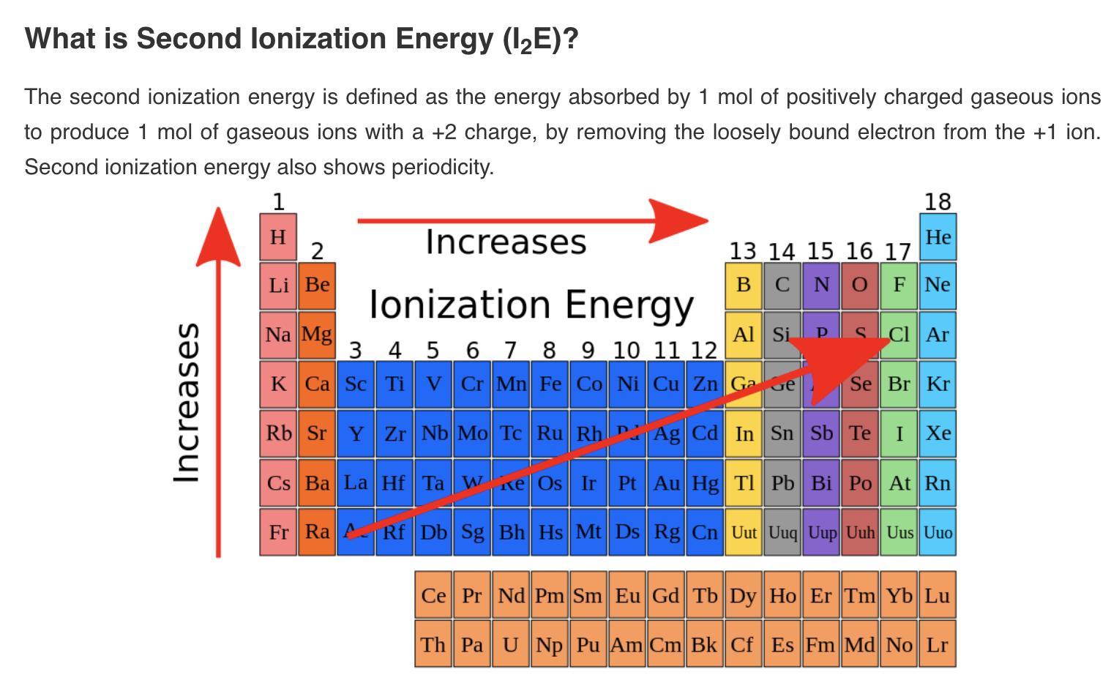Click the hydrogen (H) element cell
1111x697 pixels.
[278, 236]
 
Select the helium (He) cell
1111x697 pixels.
[938, 236]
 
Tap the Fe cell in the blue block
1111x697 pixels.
[550, 384]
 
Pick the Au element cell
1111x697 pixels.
[666, 482]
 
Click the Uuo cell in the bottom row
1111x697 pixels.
[938, 532]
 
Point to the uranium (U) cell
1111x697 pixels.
[510, 644]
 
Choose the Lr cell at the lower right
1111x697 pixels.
[938, 644]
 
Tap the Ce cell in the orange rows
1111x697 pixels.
[433, 595]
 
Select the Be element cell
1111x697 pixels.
[317, 284]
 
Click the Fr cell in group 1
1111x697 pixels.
[278, 532]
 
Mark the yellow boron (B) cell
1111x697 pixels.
[744, 284]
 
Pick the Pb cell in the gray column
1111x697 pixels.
[782, 482]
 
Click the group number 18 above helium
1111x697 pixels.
[938, 201]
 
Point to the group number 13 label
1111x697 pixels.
[742, 251]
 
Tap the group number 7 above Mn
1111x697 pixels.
[510, 350]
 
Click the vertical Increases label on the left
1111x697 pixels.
[187, 403]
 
